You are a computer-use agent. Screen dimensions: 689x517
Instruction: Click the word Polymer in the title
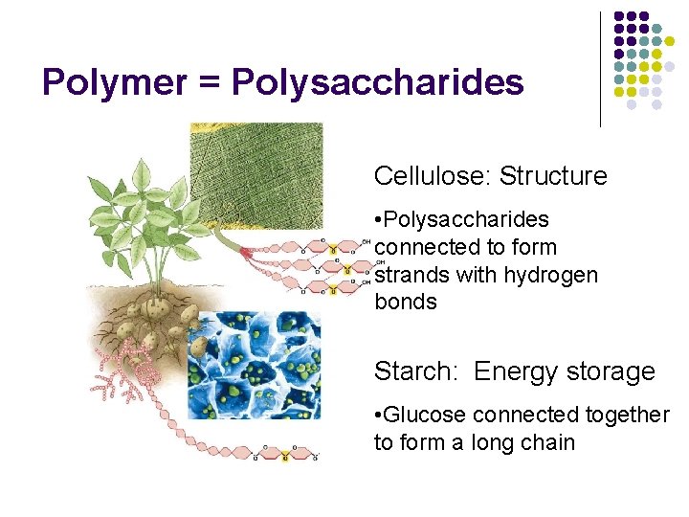(112, 83)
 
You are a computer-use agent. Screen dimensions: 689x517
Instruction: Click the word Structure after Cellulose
(553, 176)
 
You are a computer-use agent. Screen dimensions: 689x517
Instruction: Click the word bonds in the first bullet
(406, 303)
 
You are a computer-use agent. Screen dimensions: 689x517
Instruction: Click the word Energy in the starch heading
(513, 371)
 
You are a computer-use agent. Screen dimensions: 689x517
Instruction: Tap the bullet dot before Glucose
(379, 416)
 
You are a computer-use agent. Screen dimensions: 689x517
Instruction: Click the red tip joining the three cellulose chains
(247, 251)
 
